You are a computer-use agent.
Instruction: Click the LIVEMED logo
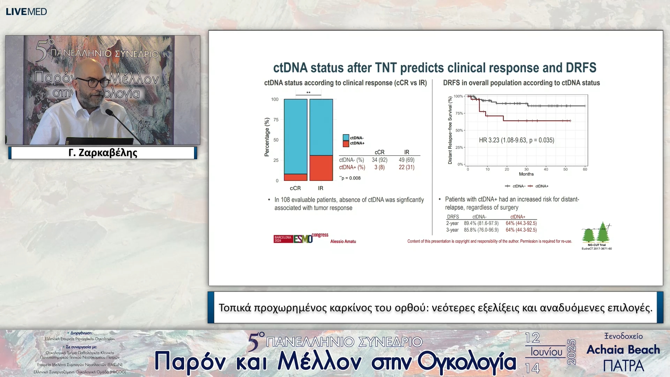(26, 12)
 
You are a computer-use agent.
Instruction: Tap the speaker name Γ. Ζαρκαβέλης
(103, 153)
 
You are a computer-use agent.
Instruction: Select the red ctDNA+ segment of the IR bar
(321, 168)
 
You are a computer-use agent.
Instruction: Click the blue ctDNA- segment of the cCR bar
(296, 136)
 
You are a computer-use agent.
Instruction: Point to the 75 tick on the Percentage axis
(276, 120)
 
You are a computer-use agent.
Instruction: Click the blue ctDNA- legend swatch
(346, 138)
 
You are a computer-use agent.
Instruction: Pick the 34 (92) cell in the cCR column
(379, 160)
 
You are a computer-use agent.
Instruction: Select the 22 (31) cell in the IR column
(407, 167)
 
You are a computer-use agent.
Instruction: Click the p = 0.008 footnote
(350, 178)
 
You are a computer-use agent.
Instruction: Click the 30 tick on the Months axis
(526, 169)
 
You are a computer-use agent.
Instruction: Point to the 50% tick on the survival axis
(459, 130)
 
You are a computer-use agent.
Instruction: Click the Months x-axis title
(526, 174)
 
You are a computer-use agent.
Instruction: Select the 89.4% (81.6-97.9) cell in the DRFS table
(481, 223)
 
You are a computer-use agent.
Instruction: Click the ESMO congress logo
(301, 238)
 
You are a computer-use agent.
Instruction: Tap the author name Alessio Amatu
(343, 242)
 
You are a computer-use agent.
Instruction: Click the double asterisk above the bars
(308, 93)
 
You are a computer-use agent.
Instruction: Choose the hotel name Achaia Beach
(623, 350)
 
